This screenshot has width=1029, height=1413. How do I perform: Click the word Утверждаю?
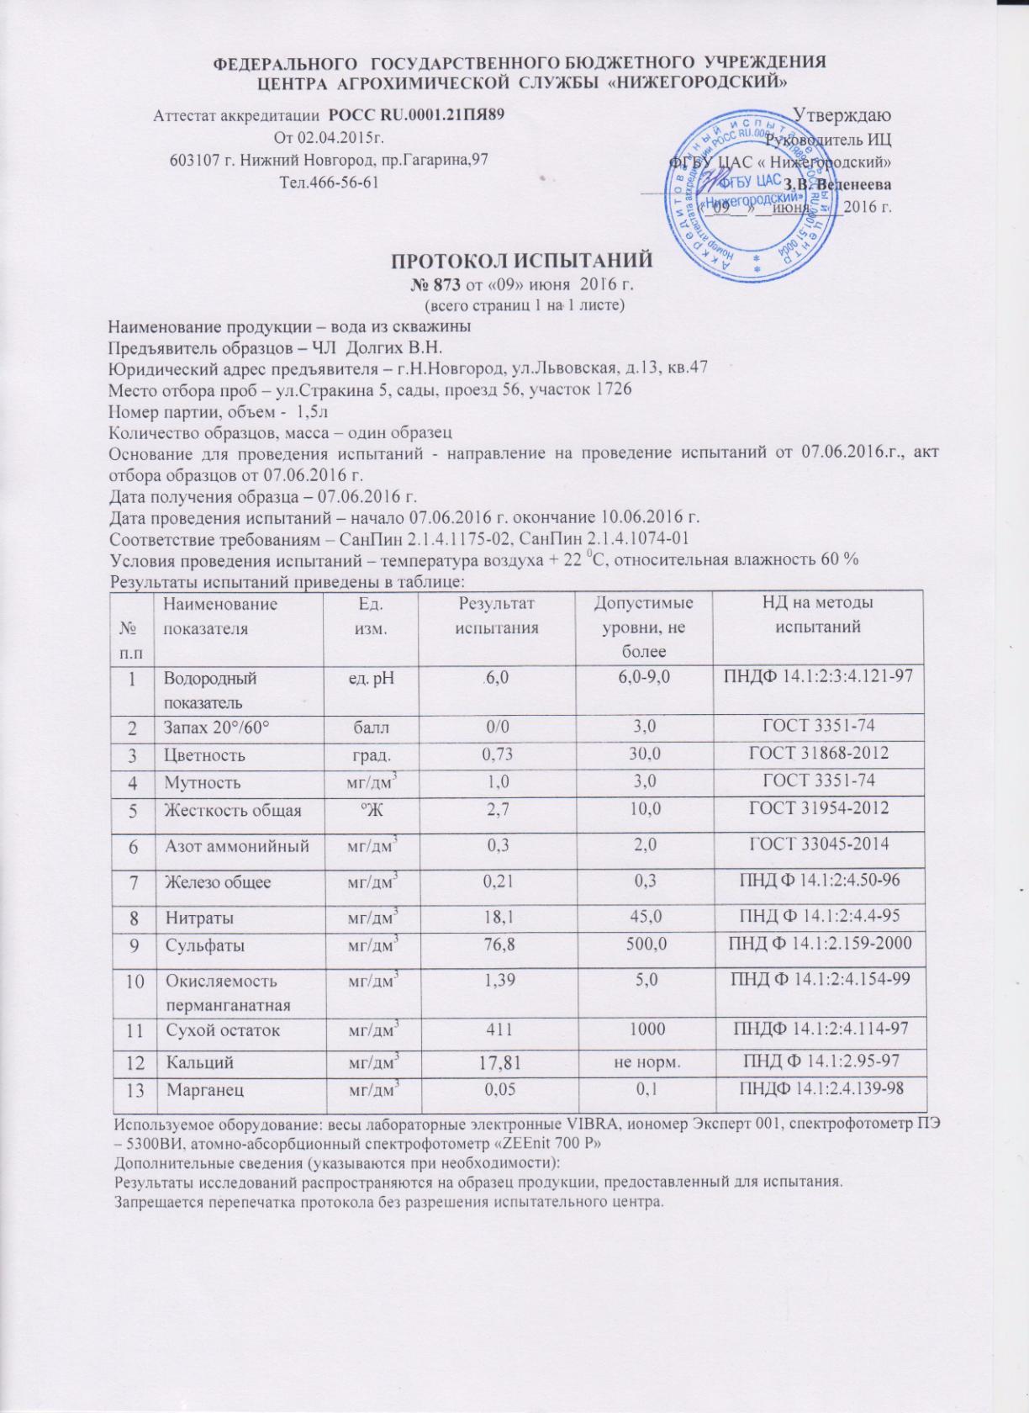click(843, 114)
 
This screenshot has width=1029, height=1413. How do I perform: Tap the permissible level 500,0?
click(643, 945)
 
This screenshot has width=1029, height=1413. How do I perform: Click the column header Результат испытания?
click(496, 615)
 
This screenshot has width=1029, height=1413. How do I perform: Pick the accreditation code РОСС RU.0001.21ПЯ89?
click(416, 114)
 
